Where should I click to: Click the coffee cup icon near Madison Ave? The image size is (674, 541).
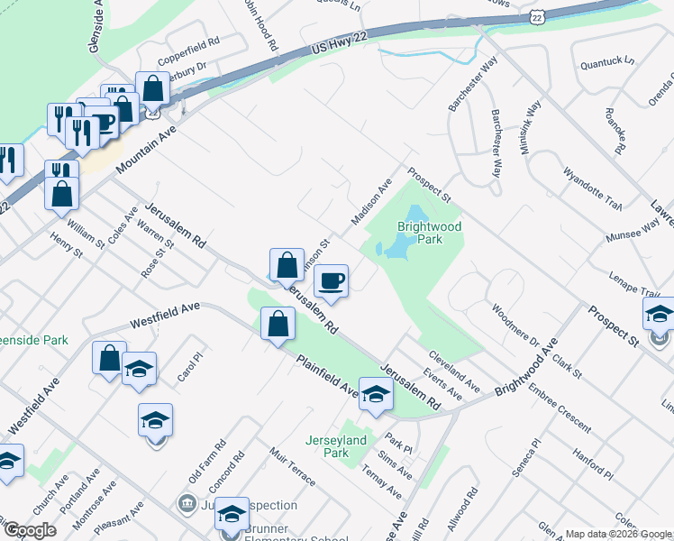click(x=332, y=281)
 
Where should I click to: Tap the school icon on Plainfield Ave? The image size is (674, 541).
click(x=376, y=393)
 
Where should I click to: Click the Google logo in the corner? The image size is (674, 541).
click(x=29, y=530)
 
